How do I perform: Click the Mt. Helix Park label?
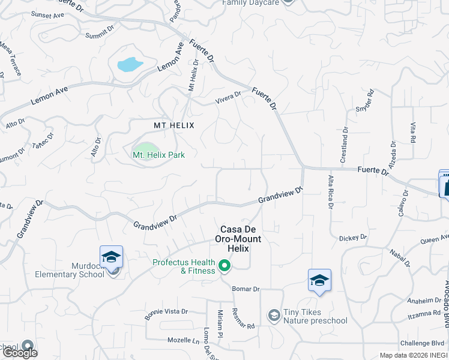(158, 155)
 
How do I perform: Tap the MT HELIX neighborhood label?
(175, 125)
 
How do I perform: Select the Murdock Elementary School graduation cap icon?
(111, 257)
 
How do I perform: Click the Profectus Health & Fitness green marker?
(225, 265)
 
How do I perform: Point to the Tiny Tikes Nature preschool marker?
(274, 315)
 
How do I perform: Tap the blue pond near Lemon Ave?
(130, 64)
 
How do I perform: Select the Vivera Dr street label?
(228, 96)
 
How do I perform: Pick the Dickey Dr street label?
(353, 238)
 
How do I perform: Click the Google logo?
(19, 353)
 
